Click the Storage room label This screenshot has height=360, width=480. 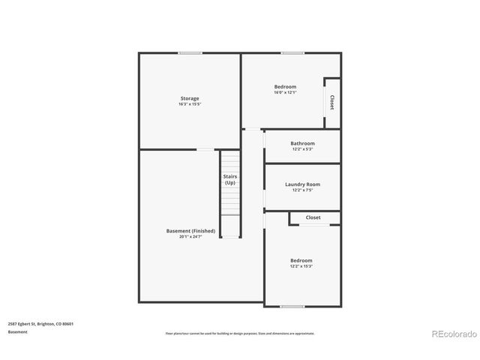pyautogui.click(x=189, y=98)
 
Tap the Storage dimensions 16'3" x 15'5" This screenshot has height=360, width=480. pyautogui.click(x=189, y=104)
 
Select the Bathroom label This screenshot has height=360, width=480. pyautogui.click(x=303, y=143)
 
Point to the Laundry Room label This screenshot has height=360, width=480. pyautogui.click(x=303, y=184)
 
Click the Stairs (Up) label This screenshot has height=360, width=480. pyautogui.click(x=230, y=179)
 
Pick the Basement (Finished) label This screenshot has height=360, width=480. pyautogui.click(x=190, y=230)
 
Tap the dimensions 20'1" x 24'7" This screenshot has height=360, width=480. pyautogui.click(x=190, y=237)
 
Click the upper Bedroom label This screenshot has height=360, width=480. pyautogui.click(x=285, y=87)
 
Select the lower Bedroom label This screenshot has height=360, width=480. pyautogui.click(x=301, y=260)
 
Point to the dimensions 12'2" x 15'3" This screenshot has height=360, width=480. pyautogui.click(x=301, y=266)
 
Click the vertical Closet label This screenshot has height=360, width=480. pyautogui.click(x=332, y=102)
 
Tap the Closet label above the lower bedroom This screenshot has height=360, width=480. pyautogui.click(x=313, y=217)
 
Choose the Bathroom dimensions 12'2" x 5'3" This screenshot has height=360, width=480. pyautogui.click(x=303, y=149)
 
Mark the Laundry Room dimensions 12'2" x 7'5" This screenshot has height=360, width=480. pyautogui.click(x=303, y=190)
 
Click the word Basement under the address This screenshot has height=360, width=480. pyautogui.click(x=18, y=331)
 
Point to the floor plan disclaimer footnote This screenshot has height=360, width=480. pyautogui.click(x=240, y=334)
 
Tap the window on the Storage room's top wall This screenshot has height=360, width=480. pyautogui.click(x=190, y=52)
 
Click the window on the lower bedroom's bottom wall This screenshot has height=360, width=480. pyautogui.click(x=292, y=306)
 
